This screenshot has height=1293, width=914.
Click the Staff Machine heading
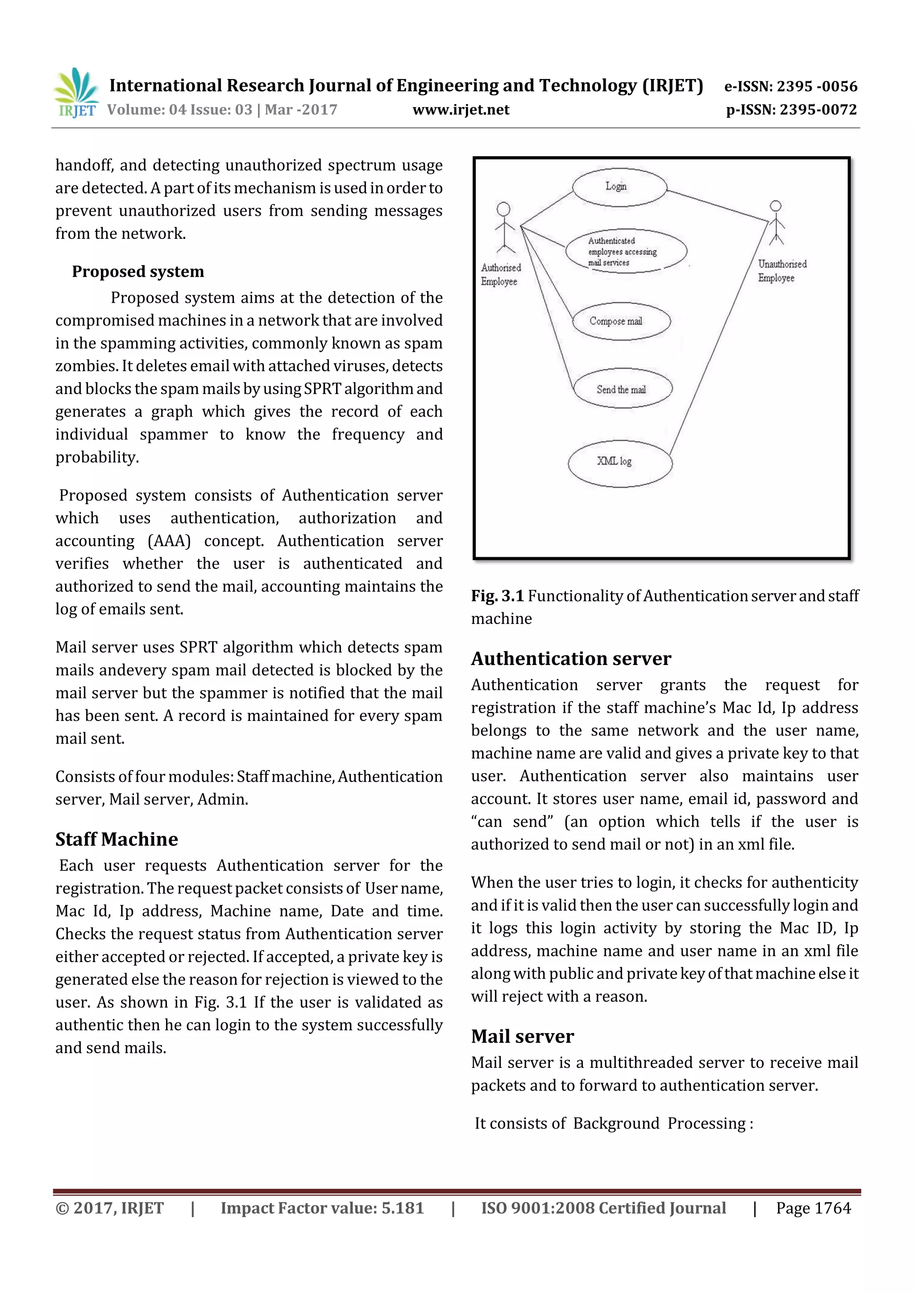116,839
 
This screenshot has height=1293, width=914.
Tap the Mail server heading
522,1036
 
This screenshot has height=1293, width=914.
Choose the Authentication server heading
571,658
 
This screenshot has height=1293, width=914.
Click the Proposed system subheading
138,272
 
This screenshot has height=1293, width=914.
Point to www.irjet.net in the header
461,110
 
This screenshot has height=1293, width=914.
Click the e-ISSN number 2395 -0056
817,86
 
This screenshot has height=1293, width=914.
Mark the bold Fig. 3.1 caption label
497,596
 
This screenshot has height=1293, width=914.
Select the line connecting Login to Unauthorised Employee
718,205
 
